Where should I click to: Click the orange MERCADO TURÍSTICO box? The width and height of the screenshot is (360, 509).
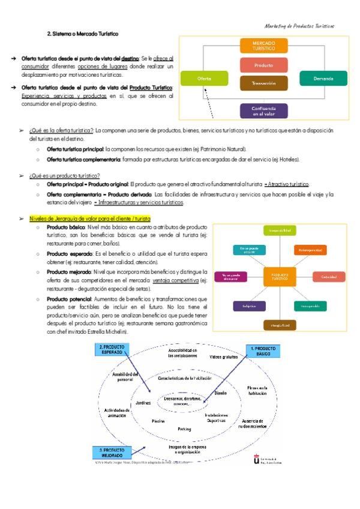[x=263, y=46]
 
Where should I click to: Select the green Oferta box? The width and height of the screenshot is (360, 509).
[x=204, y=79]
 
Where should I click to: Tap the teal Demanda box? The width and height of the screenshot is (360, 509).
[x=323, y=79]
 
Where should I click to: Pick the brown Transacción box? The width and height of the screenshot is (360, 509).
[x=263, y=83]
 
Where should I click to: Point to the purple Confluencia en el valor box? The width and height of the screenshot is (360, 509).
[x=263, y=110]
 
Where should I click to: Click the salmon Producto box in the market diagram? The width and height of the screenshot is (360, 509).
[x=263, y=65]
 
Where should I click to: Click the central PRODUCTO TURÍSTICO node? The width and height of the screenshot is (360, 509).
[x=280, y=277]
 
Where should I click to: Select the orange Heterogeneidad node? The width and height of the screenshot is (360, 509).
[x=310, y=249]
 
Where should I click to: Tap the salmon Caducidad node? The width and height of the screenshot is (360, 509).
[x=328, y=277]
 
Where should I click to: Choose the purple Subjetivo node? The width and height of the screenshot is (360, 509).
[x=249, y=306]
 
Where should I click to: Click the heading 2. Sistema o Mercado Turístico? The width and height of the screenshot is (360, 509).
[x=83, y=34]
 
